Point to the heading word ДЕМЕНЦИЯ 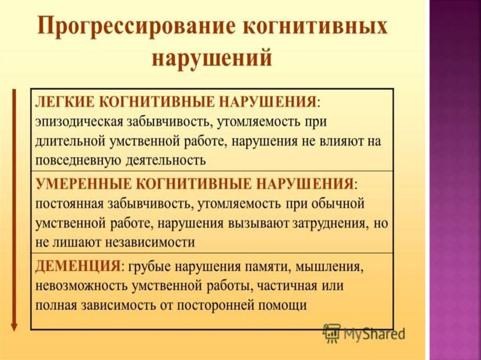[x=78, y=265]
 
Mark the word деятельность [x=166, y=161]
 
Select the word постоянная [x=70, y=204]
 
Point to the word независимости [x=150, y=243]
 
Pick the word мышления [x=330, y=267]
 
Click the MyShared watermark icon [x=331, y=333]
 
